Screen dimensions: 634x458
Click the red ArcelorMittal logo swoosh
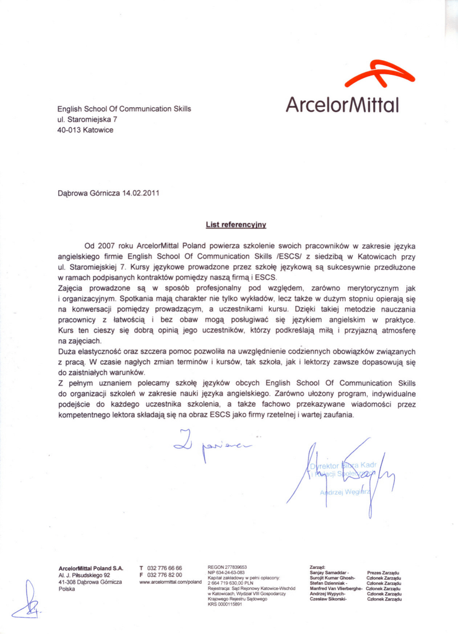click(x=379, y=74)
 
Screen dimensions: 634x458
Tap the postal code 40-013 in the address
click(x=69, y=130)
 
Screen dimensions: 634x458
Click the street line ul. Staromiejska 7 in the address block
click(x=87, y=119)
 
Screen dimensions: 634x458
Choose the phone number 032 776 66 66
click(x=165, y=568)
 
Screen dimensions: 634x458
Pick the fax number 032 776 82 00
click(x=165, y=575)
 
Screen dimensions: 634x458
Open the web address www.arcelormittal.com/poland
click(x=171, y=583)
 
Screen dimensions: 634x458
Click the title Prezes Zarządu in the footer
click(x=383, y=573)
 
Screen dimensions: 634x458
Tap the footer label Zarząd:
click(x=318, y=567)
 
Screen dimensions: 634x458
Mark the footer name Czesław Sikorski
click(x=328, y=599)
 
